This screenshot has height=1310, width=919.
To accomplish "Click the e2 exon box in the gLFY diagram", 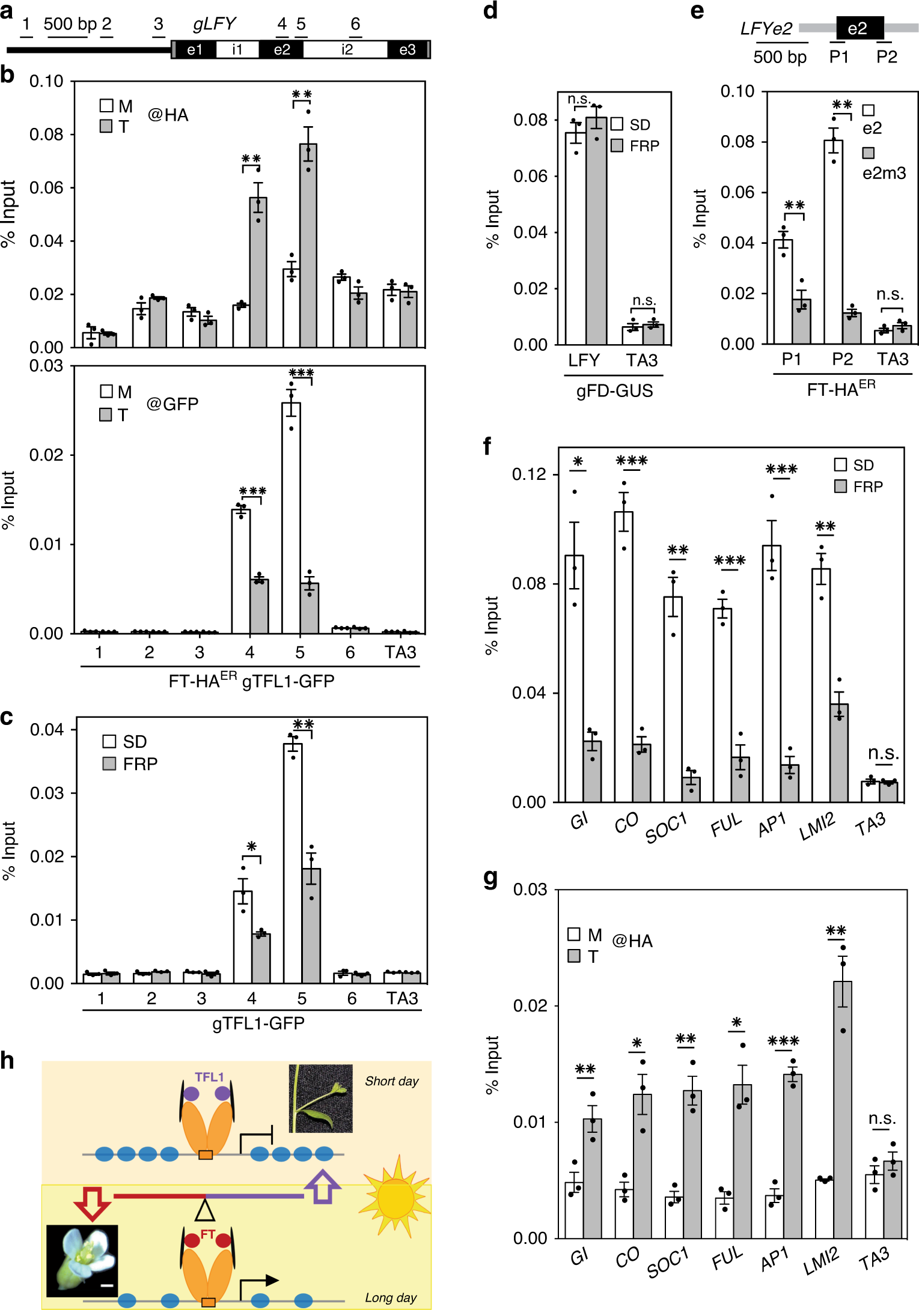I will (281, 49).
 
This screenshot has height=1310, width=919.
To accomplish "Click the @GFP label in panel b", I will (173, 404).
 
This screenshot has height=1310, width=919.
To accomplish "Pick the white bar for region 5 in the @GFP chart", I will (292, 518).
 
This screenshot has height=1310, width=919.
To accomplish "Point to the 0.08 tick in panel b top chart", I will (46, 135).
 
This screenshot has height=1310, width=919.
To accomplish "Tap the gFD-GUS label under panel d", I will (614, 391).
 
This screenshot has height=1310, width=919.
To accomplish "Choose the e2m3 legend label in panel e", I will (884, 174).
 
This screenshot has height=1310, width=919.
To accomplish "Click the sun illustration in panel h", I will (395, 1196).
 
